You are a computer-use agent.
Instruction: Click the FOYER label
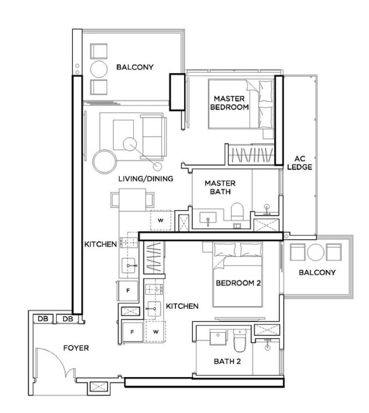[76, 349]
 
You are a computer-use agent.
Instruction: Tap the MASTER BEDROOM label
[229, 103]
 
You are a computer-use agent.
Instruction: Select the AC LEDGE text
[300, 163]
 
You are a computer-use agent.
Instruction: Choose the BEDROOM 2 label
[238, 283]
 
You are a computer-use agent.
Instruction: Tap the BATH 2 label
[227, 361]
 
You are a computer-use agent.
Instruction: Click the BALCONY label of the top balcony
[135, 67]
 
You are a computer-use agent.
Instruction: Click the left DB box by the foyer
[42, 319]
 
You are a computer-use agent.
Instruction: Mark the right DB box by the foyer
[67, 319]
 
